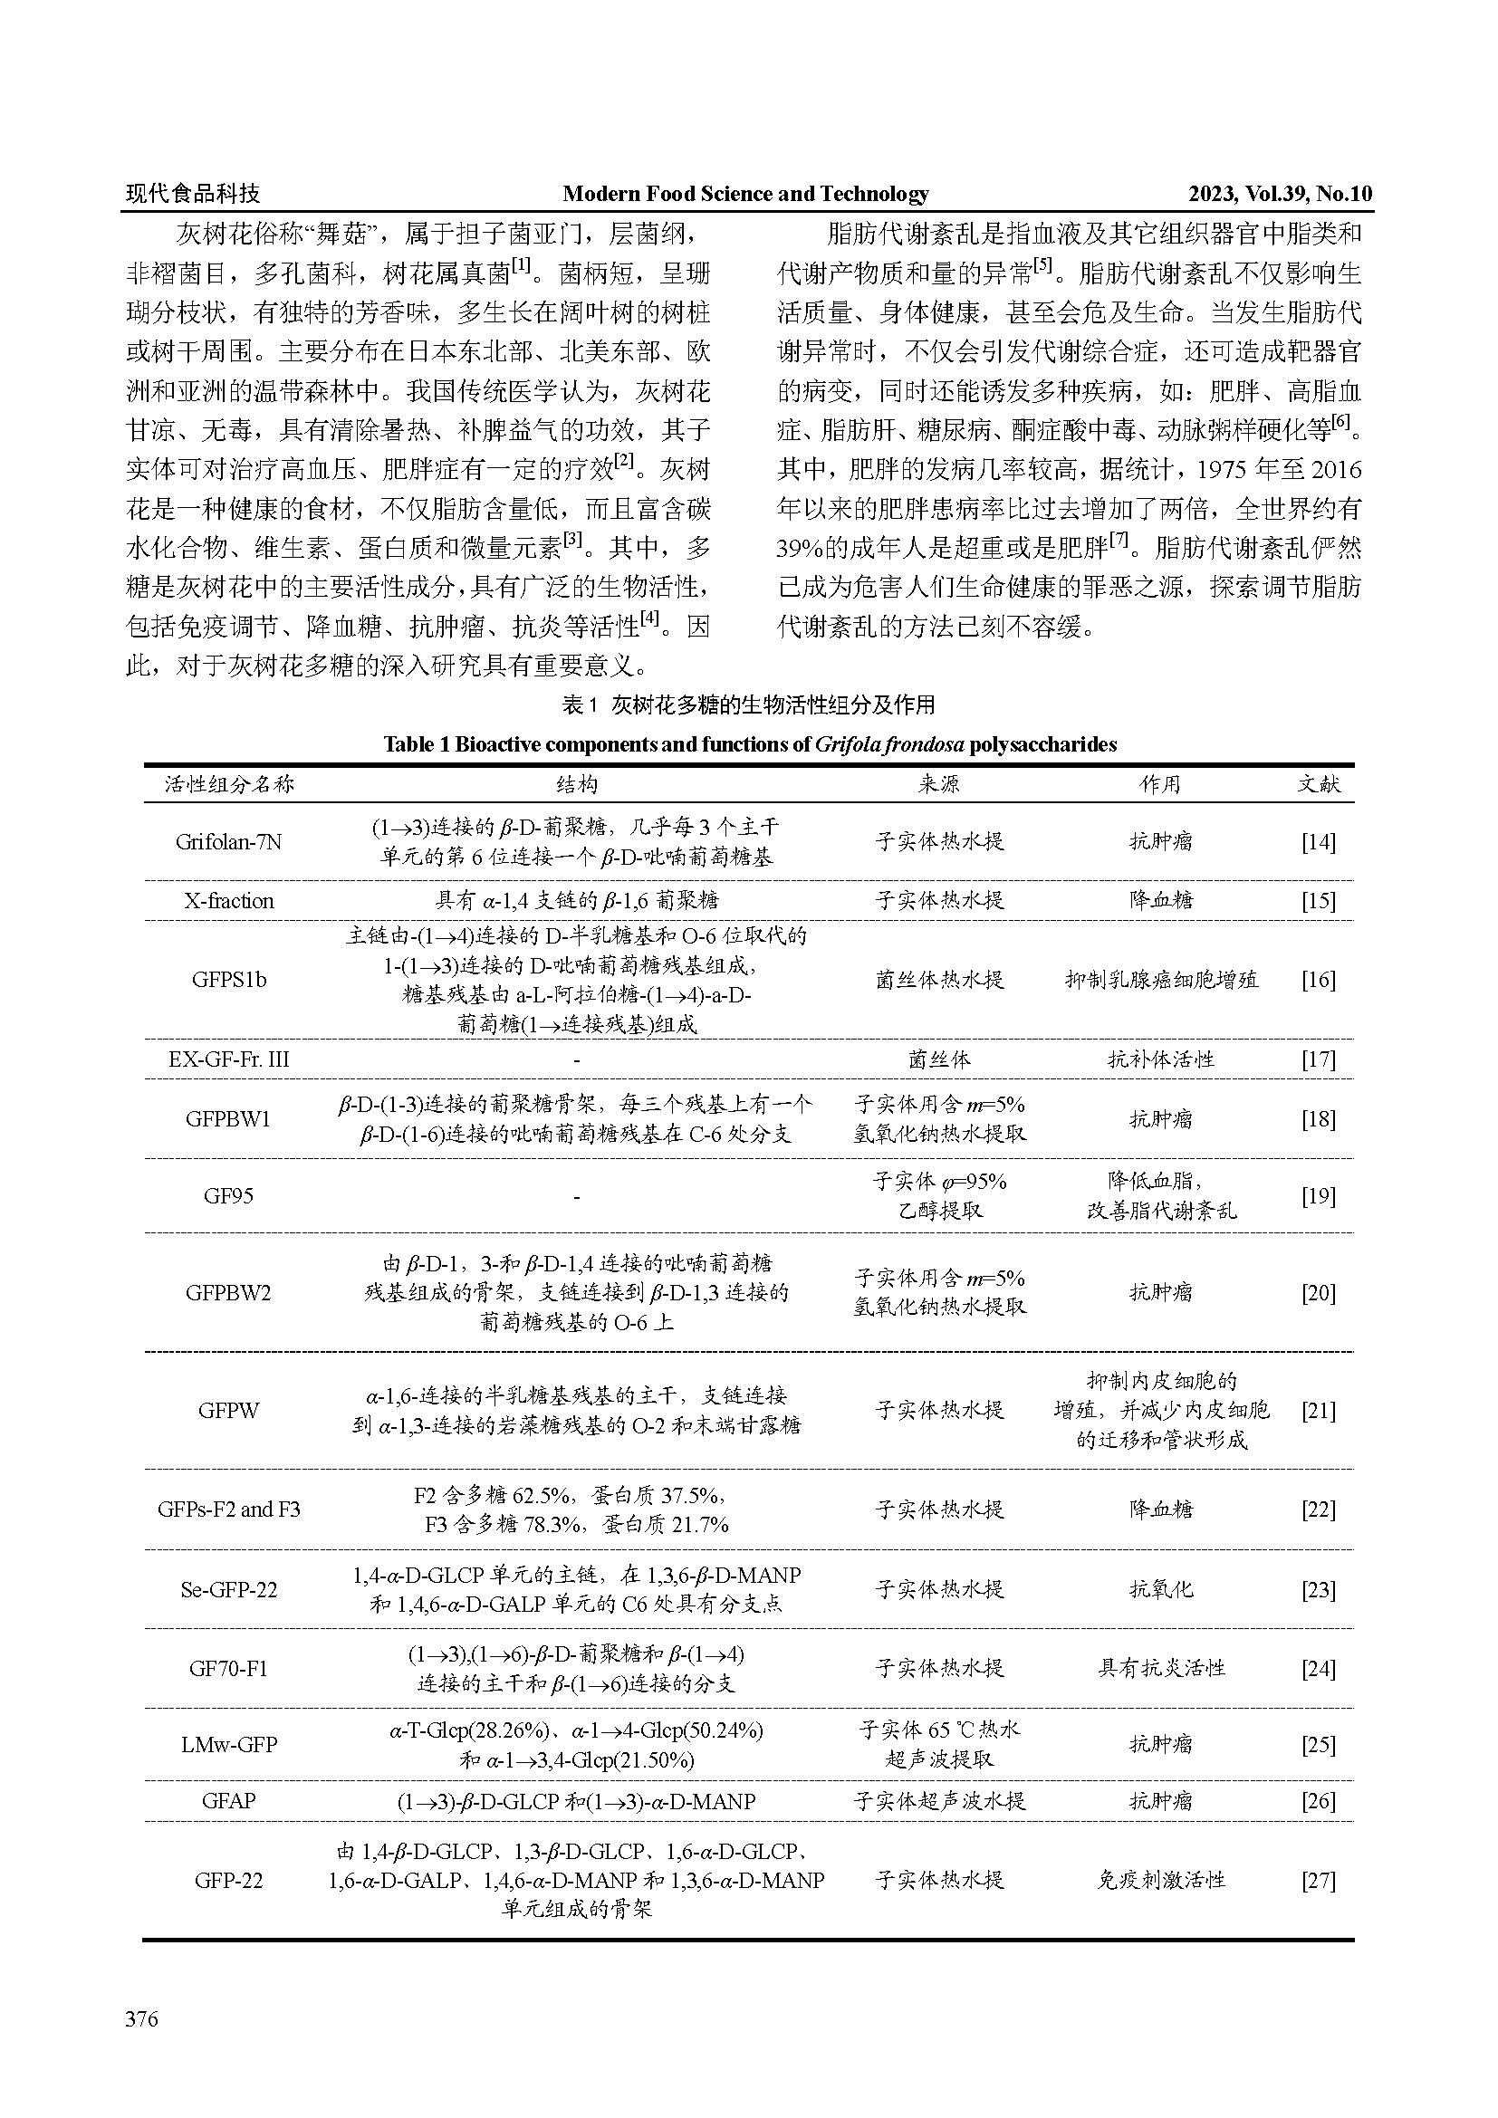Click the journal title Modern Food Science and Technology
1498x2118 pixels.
point(745,194)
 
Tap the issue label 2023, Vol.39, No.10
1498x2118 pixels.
point(1280,194)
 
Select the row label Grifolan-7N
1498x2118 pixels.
point(228,841)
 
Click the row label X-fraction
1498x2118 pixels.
point(229,900)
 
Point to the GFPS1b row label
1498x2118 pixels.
point(229,980)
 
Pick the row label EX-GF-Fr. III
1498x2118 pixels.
point(229,1059)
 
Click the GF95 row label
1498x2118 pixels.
point(229,1195)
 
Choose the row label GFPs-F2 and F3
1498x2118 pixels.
point(229,1509)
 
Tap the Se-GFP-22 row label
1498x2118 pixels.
point(229,1589)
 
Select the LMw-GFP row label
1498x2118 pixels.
point(229,1744)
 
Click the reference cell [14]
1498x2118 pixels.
point(1318,841)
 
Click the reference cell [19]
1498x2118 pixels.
point(1318,1195)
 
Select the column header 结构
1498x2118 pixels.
point(577,784)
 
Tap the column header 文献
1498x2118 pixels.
point(1318,784)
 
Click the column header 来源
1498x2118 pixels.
point(939,784)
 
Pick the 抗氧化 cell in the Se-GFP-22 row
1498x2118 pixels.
point(1161,1589)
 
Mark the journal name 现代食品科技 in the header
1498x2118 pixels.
point(193,194)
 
